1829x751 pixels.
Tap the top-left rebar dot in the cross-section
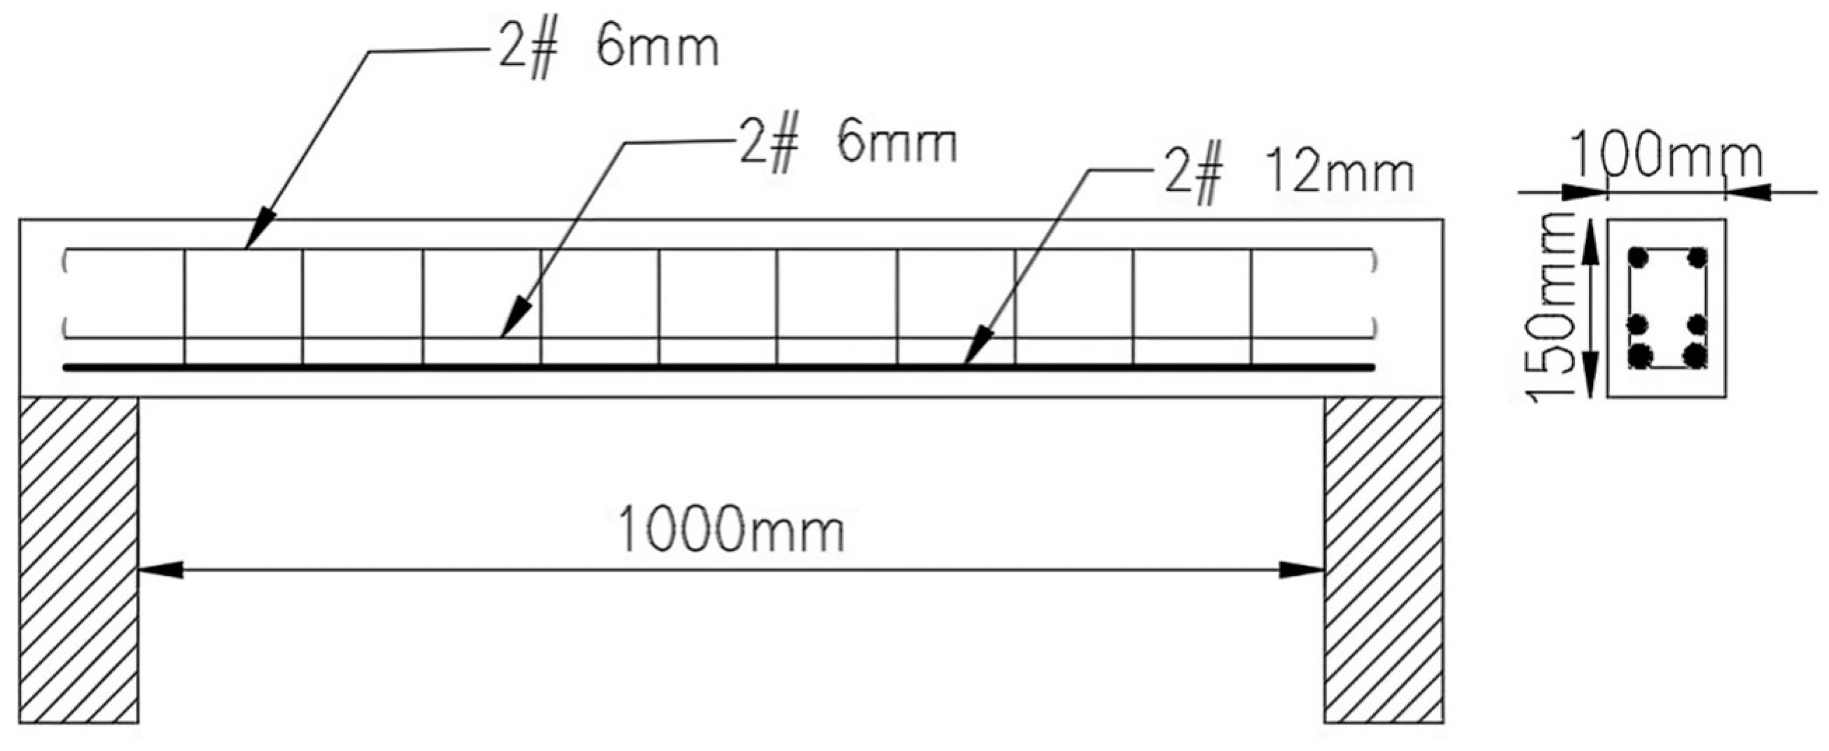[x=1639, y=258]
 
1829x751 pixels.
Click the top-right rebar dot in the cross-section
[x=1697, y=258]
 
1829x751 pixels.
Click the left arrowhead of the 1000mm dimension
[x=160, y=569]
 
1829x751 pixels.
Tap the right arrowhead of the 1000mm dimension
[x=1303, y=569]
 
